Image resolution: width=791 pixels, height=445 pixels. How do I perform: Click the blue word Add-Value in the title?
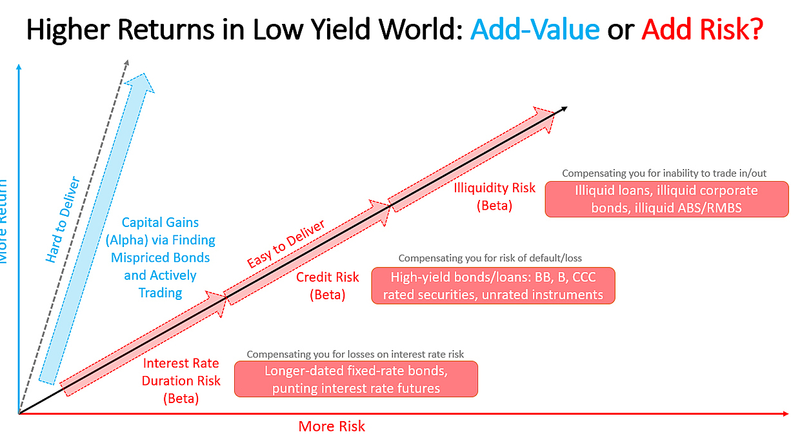[535, 29]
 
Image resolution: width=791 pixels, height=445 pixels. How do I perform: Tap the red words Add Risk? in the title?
[703, 29]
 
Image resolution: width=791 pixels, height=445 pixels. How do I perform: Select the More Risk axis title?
[332, 426]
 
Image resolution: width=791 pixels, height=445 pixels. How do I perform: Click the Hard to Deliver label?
[63, 219]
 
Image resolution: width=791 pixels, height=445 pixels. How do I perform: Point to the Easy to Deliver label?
[285, 244]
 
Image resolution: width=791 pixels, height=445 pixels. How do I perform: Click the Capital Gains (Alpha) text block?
[160, 257]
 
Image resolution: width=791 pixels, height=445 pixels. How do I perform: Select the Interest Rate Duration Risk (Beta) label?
[181, 381]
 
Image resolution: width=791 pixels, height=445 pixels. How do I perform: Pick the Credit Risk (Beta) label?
[327, 286]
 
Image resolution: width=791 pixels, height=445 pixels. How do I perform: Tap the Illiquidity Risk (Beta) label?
[494, 197]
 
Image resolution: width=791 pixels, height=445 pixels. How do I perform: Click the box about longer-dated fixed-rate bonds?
[356, 379]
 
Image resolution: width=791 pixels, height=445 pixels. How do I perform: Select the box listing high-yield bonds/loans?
[493, 286]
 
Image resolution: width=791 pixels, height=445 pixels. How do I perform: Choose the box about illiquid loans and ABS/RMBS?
[666, 199]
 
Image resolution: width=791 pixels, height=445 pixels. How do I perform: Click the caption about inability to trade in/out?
[665, 173]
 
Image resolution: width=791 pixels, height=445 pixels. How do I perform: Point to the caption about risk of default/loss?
[490, 259]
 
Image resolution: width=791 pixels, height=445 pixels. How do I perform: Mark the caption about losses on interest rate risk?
[355, 354]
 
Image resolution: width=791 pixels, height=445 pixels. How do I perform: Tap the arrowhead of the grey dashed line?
[126, 63]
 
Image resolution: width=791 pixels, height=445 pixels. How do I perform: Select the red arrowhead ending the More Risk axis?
[786, 413]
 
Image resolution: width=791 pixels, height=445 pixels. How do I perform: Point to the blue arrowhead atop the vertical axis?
[19, 66]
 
